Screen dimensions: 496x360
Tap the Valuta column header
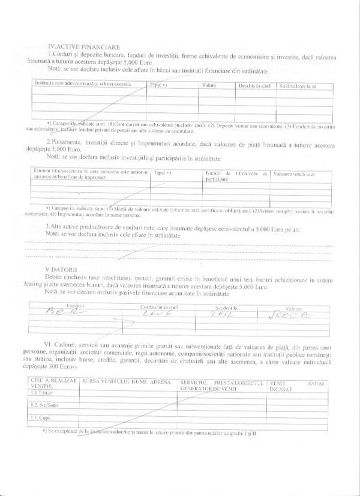(x=209, y=86)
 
